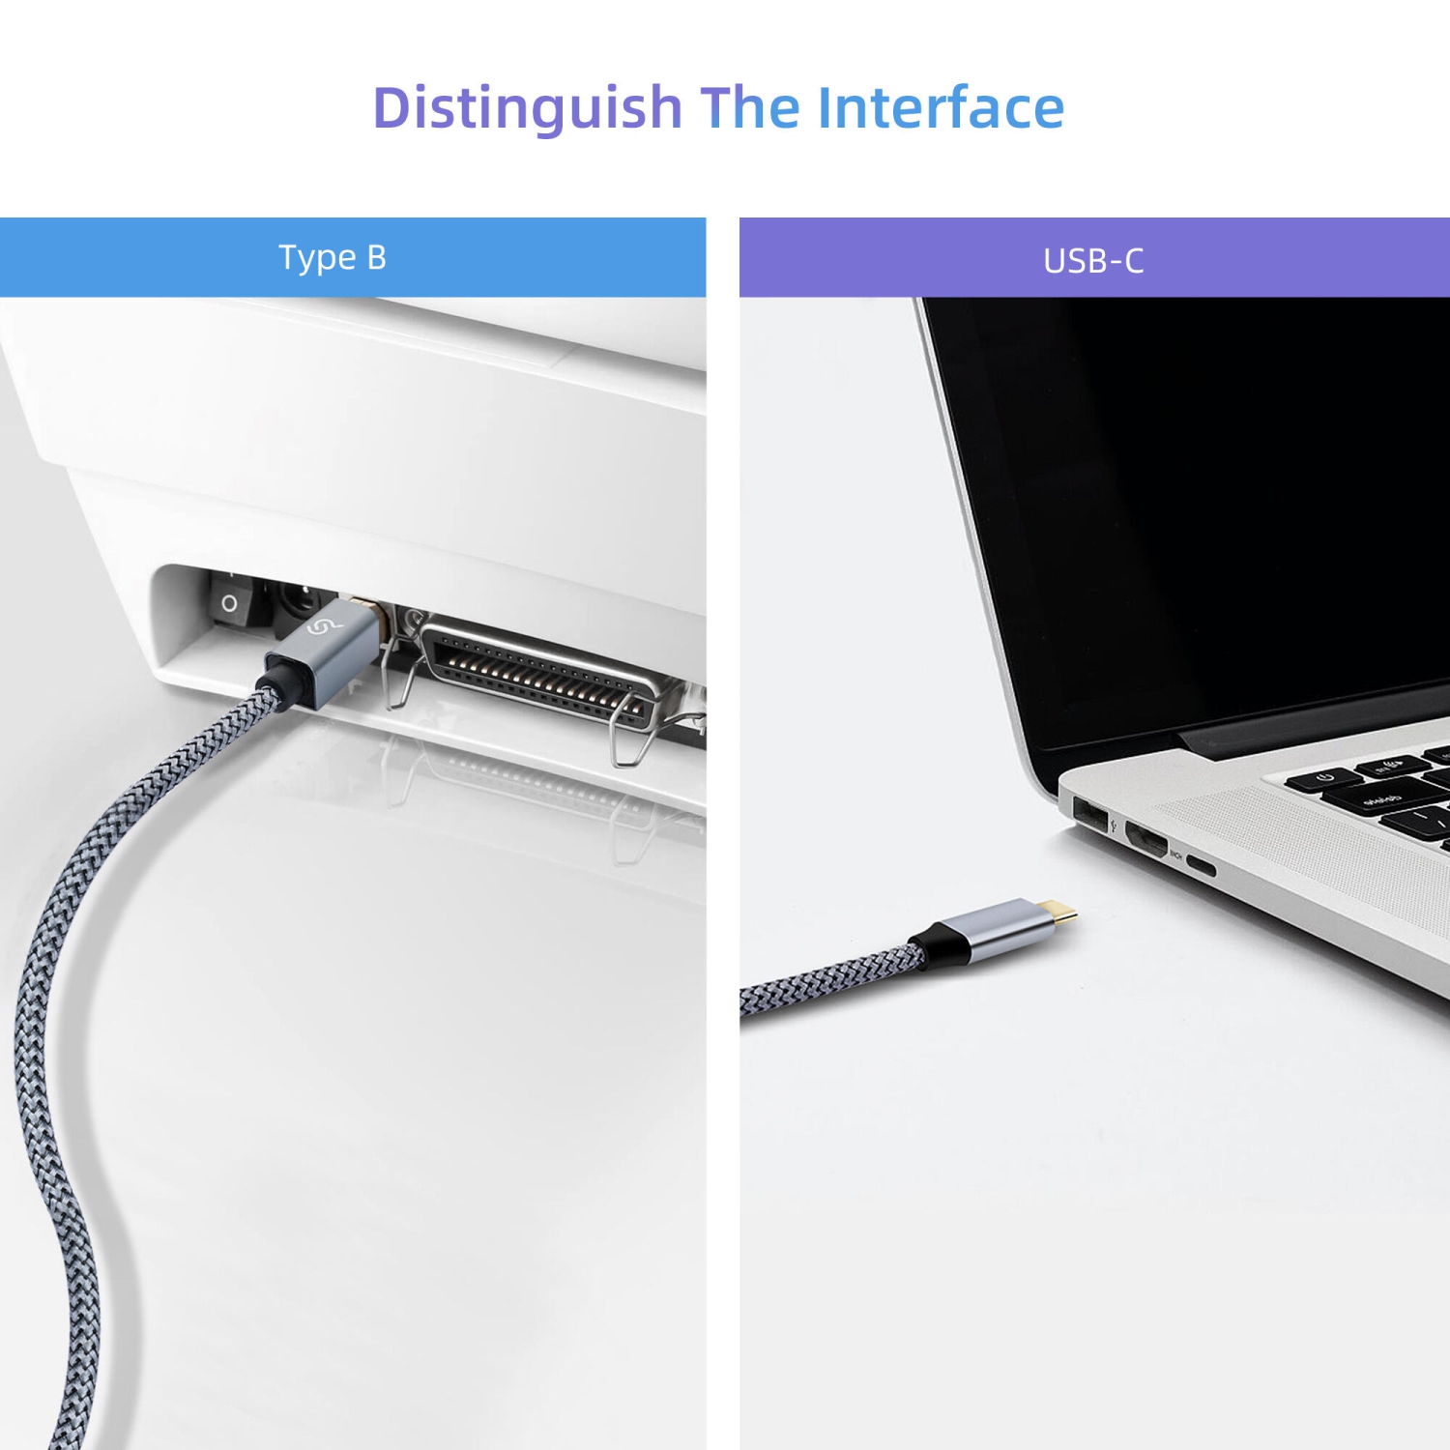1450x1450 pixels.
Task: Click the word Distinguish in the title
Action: (527, 107)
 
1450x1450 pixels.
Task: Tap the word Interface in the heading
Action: (941, 107)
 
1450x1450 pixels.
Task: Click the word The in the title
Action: (750, 107)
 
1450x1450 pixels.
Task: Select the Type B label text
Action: (333, 257)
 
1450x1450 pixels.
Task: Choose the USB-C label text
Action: (1093, 260)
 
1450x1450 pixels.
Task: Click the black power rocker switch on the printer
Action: (232, 601)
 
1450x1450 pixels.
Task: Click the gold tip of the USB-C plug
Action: (1060, 911)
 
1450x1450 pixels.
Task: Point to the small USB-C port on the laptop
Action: (1201, 865)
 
